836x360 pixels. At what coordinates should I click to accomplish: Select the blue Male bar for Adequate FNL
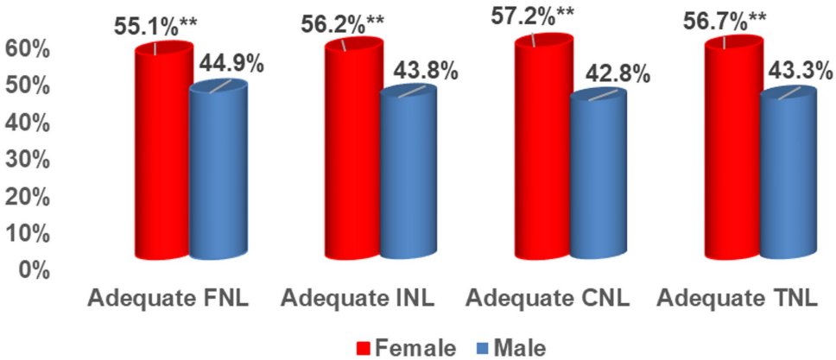tap(218, 173)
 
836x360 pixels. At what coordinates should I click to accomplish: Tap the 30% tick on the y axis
tap(28, 160)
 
